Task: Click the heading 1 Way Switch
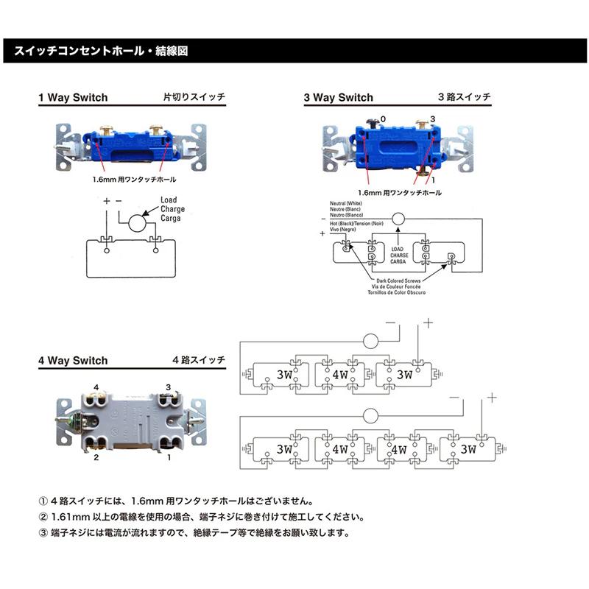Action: [x=73, y=97]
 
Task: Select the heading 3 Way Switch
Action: [x=339, y=97]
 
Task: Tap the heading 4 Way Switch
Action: [x=73, y=361]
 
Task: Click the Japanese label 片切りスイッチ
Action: [x=194, y=97]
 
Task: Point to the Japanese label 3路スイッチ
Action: [x=464, y=97]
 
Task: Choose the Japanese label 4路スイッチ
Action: [x=199, y=361]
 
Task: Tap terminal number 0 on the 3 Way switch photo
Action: [x=383, y=119]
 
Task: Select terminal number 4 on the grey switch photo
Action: [x=96, y=387]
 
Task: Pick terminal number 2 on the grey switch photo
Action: [x=96, y=458]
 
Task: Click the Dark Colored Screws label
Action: [x=399, y=281]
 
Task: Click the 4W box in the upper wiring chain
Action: [x=340, y=374]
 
